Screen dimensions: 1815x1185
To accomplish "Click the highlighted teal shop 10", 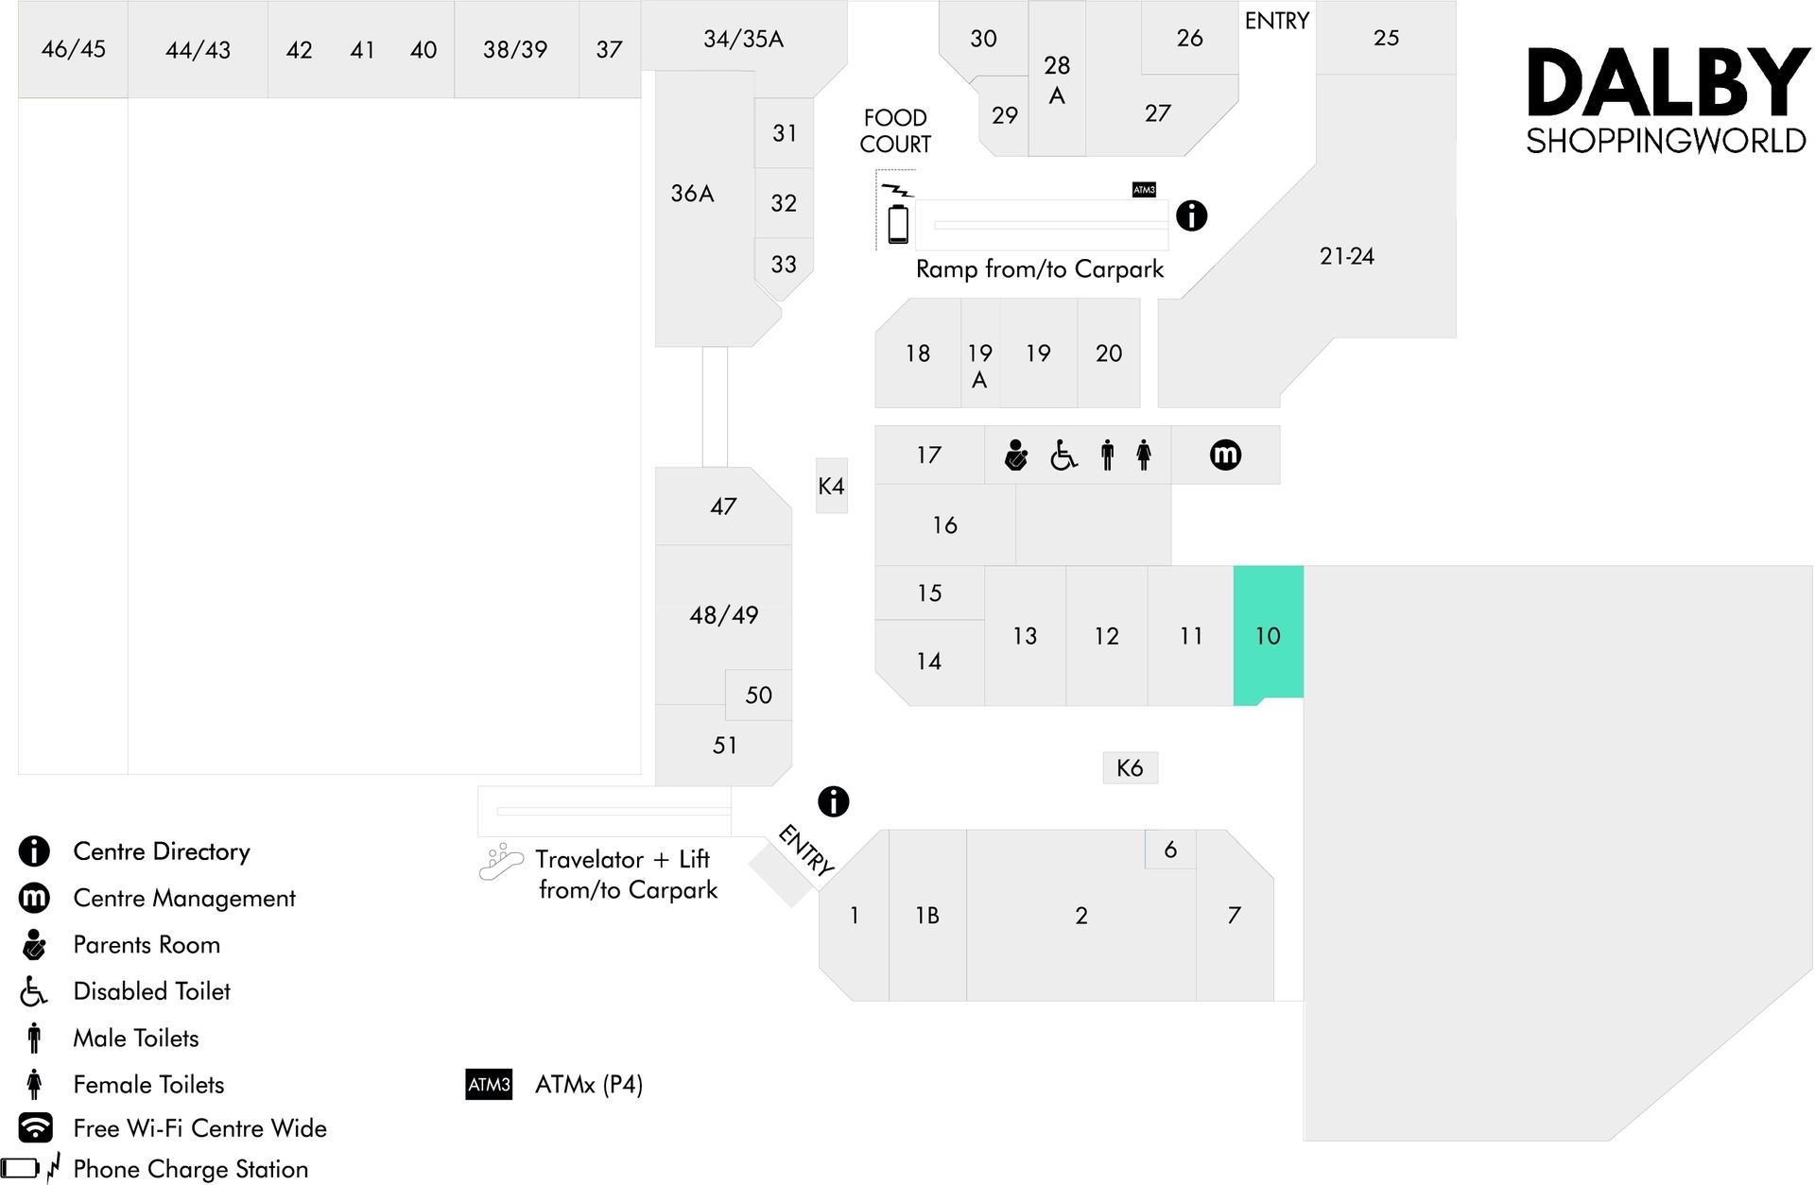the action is point(1269,634).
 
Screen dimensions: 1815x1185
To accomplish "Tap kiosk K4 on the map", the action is point(832,486).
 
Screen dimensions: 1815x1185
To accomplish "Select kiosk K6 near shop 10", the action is point(1130,767).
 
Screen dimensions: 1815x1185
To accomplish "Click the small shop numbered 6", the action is point(1170,850).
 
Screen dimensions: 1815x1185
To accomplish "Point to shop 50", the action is point(758,695).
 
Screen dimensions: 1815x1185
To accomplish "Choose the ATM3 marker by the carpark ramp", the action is point(1144,190).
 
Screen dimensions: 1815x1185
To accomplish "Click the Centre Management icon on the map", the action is point(1225,455).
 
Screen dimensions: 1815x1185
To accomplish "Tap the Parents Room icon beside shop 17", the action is point(1016,455).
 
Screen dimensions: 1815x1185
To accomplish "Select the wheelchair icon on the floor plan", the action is point(1063,455).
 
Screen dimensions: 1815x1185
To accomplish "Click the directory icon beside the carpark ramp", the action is point(1191,215).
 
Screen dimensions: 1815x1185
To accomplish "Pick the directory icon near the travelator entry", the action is point(833,801).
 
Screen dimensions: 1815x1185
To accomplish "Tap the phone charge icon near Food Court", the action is point(897,215).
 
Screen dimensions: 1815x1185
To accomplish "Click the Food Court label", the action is point(895,130).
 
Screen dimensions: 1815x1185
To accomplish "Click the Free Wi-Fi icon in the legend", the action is point(36,1127).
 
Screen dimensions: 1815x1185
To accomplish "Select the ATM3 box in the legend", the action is point(489,1084).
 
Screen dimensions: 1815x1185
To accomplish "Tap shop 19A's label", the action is point(979,366).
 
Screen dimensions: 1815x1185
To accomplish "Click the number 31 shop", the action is point(784,133).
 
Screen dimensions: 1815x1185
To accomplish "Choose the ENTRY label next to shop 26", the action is point(1276,21).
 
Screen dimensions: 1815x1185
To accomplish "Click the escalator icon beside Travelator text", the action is point(501,862).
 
